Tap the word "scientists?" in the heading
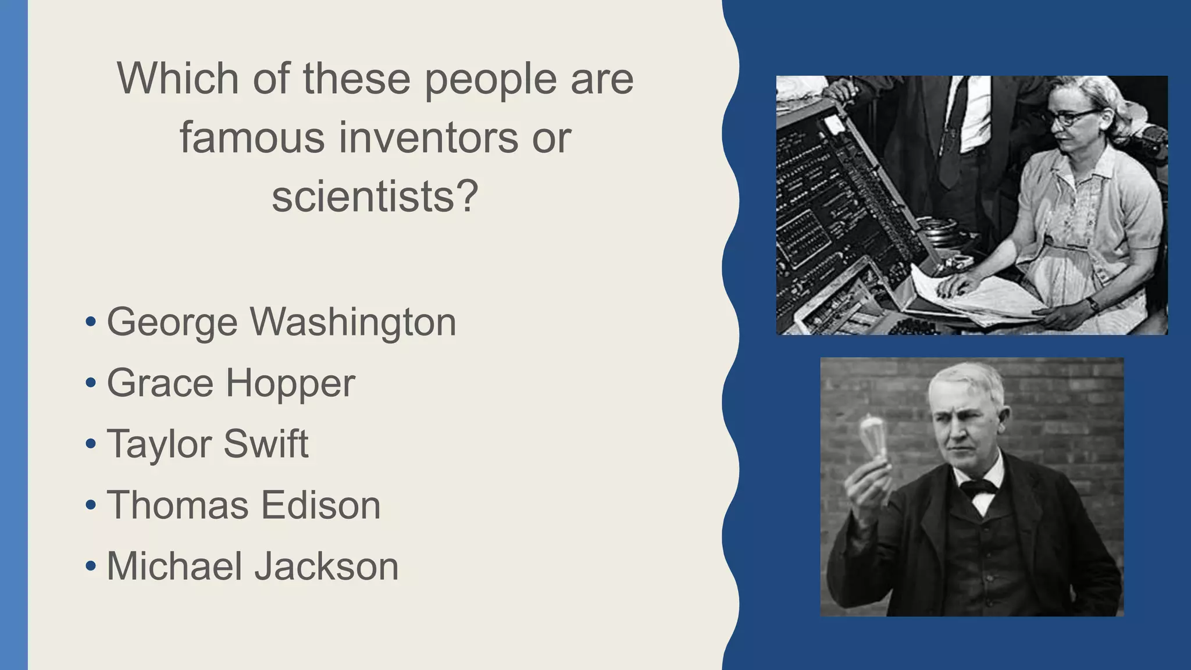click(x=375, y=196)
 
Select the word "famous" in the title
click(x=252, y=138)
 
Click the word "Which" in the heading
click(x=177, y=78)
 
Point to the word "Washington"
click(x=353, y=322)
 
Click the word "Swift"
click(x=266, y=444)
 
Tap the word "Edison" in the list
click(x=320, y=505)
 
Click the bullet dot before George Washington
click(x=90, y=322)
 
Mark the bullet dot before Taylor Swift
click(x=90, y=444)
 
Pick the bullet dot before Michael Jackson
click(x=90, y=566)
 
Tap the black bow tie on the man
click(x=978, y=487)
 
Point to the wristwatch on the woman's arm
click(x=1093, y=304)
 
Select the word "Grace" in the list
click(x=160, y=383)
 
